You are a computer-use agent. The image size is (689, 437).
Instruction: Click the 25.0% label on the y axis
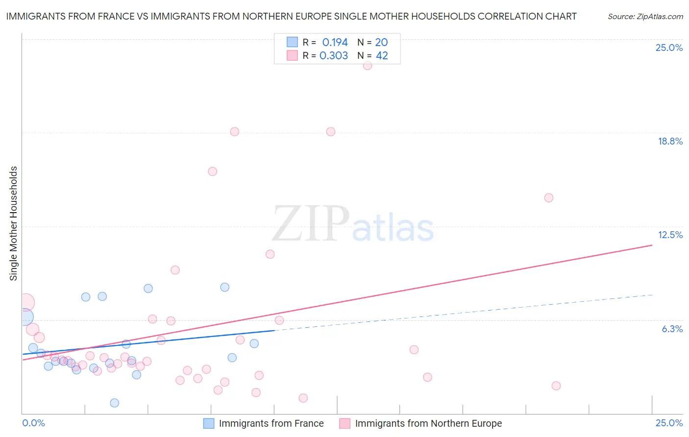[669, 48]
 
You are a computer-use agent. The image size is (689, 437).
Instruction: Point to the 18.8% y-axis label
[670, 141]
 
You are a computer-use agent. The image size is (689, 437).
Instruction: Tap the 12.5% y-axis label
[670, 235]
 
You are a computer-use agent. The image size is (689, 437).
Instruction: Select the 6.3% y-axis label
[672, 329]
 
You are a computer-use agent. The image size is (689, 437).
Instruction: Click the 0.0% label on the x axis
[33, 423]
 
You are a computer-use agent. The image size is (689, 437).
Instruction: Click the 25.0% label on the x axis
[669, 423]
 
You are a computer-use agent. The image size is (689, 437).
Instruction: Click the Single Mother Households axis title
[14, 223]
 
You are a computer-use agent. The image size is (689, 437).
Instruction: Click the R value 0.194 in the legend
[335, 43]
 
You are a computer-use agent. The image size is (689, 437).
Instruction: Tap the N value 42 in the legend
[382, 56]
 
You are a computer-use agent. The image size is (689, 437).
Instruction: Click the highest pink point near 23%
[368, 66]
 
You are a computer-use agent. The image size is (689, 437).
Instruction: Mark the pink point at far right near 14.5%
[549, 198]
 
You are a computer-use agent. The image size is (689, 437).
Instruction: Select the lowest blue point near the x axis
[115, 403]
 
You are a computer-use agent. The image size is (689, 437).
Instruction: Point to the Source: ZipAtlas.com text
[645, 17]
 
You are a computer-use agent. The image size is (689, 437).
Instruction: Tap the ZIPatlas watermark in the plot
[353, 224]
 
